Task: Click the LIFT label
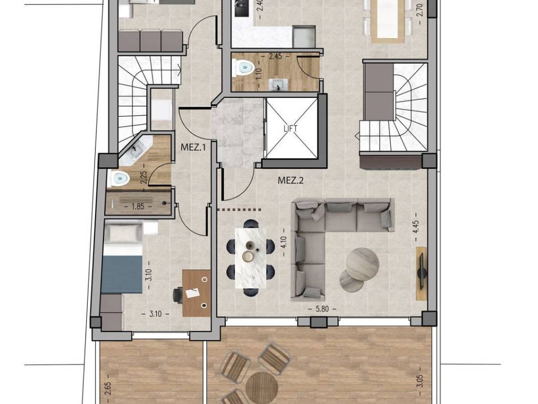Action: click(290, 128)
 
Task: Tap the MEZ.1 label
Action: click(193, 148)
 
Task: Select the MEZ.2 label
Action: click(291, 180)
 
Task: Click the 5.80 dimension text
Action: click(322, 309)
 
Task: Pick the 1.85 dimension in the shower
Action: click(138, 206)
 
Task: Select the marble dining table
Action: click(251, 258)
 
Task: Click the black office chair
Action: click(178, 295)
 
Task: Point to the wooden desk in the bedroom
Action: click(196, 293)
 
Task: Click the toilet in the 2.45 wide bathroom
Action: click(242, 68)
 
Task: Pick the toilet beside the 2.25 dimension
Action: click(118, 178)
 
